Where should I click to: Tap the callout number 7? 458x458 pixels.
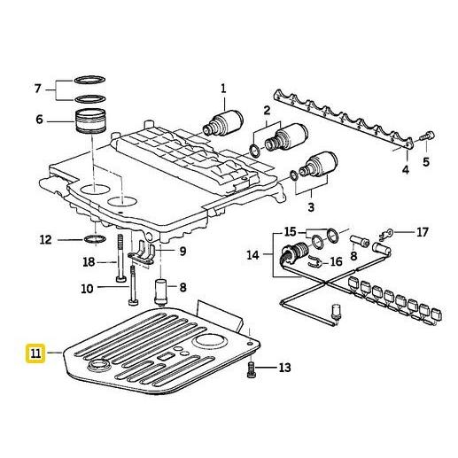37,89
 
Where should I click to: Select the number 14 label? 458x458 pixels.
253,254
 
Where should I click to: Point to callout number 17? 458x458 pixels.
422,232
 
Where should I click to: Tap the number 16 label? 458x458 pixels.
336,262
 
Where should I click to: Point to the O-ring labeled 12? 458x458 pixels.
91,239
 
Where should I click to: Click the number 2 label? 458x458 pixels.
266,110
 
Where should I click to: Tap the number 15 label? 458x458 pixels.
290,232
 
